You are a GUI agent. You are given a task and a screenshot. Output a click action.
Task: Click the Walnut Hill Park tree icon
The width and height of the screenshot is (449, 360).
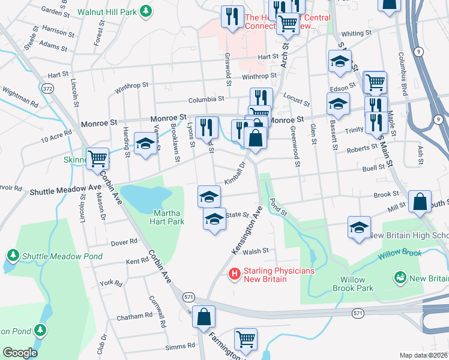(x=145, y=11)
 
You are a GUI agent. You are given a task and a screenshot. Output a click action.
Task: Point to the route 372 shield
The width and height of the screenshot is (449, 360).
(x=48, y=89)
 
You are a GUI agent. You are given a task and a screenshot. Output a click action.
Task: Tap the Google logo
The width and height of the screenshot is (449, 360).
(x=20, y=352)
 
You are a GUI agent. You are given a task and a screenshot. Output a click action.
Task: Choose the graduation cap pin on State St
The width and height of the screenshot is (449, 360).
(x=214, y=220)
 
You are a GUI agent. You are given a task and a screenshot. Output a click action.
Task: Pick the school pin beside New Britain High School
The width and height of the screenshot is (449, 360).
(x=359, y=228)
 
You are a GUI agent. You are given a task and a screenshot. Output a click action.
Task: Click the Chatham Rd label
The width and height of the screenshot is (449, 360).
(x=135, y=316)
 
